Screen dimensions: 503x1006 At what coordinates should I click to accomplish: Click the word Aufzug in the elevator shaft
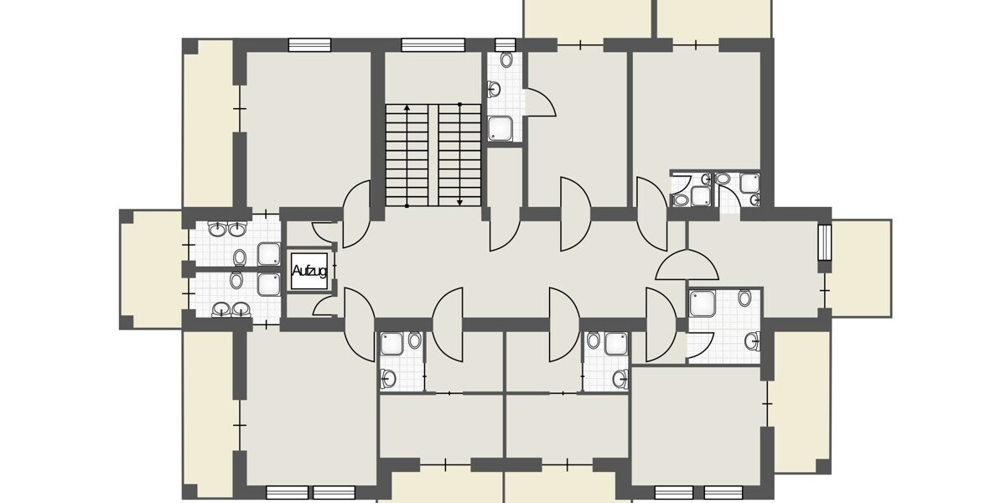click(x=309, y=271)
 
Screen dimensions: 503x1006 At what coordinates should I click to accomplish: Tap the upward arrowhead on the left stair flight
click(x=407, y=108)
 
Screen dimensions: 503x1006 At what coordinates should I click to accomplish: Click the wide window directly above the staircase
click(x=433, y=45)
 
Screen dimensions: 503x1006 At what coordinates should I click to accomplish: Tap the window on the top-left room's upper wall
click(x=309, y=45)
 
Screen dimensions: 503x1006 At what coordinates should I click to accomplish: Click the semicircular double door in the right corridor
click(x=687, y=267)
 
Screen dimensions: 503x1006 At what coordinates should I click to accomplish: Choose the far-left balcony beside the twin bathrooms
click(x=152, y=269)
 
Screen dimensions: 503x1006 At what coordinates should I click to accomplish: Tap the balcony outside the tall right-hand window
click(x=861, y=267)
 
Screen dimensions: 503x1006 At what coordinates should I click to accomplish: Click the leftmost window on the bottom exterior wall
click(x=287, y=492)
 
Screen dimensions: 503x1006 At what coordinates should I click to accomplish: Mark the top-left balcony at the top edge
click(x=588, y=18)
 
